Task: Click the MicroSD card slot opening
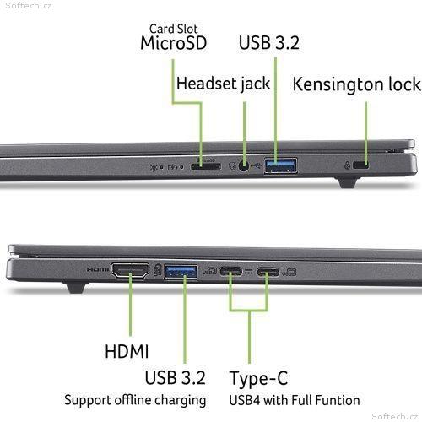click(x=206, y=166)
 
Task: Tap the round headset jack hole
click(x=244, y=166)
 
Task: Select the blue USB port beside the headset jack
click(x=280, y=165)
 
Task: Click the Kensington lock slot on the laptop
click(x=360, y=165)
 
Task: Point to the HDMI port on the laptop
click(x=130, y=270)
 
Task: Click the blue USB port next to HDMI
click(x=181, y=272)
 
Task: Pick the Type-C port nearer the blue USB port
click(x=230, y=272)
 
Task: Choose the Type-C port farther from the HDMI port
click(x=268, y=272)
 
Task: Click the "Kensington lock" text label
click(x=357, y=84)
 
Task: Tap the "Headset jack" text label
click(x=223, y=84)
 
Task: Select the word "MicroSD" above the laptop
click(x=174, y=43)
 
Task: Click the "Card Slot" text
click(x=173, y=29)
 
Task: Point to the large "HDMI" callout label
click(x=127, y=351)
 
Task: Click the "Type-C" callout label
click(x=258, y=378)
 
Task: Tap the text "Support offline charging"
click(x=135, y=400)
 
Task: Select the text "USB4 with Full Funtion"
click(x=295, y=400)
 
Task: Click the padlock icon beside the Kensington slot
click(x=347, y=165)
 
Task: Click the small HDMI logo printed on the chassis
click(x=98, y=269)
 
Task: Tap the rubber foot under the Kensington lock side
click(x=349, y=182)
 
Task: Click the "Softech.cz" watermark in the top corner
click(x=29, y=6)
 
